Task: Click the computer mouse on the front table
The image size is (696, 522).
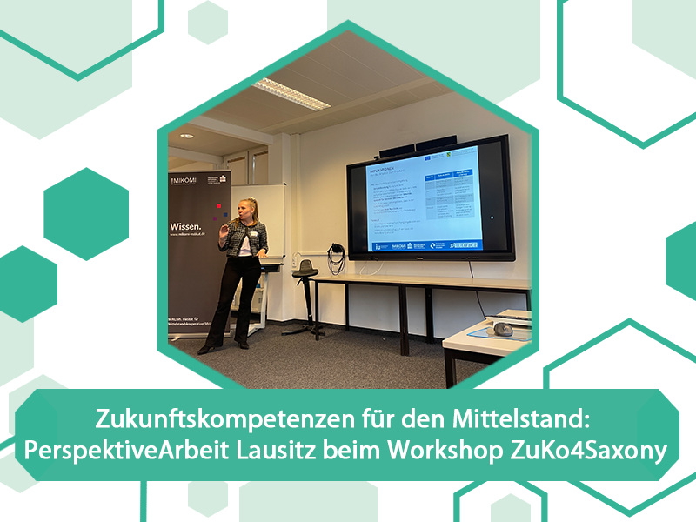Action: pyautogui.click(x=503, y=329)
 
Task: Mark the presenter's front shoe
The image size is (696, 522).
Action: pyautogui.click(x=208, y=349)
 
